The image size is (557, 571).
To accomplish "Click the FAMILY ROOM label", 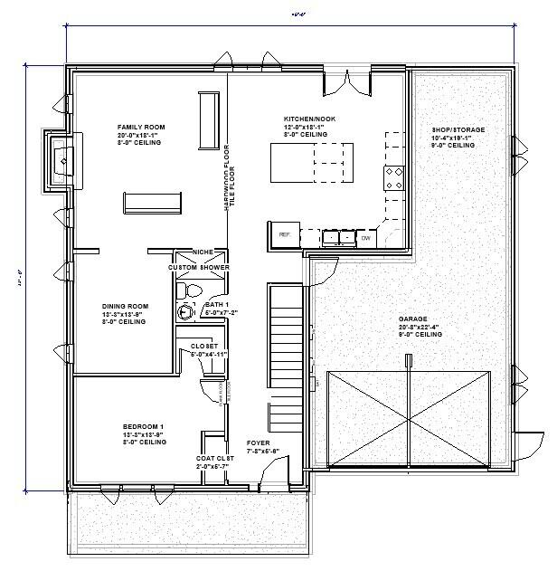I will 140,127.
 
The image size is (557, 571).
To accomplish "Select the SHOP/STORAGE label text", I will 458,130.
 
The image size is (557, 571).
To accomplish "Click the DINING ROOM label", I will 124,306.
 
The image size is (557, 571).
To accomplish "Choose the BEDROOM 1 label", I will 143,426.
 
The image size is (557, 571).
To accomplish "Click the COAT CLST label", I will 214,458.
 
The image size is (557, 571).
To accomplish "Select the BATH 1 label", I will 217,305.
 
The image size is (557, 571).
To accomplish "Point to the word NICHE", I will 203,252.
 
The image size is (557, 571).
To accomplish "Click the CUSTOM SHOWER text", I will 199,268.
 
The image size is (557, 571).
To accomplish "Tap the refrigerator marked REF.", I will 284,235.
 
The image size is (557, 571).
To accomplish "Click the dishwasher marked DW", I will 366,238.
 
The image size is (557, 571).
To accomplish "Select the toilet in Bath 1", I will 184,290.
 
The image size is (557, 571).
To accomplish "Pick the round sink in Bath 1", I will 186,312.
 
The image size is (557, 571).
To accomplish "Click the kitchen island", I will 313,163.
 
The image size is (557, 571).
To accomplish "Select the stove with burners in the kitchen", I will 394,177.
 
